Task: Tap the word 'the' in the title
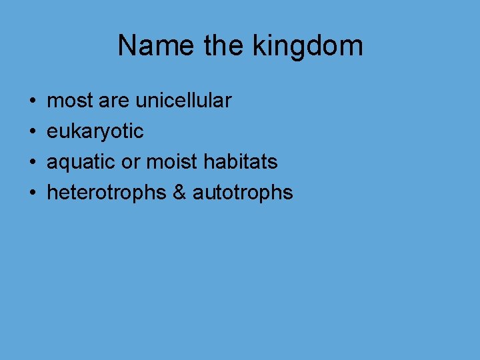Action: point(226,46)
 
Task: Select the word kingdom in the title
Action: point(308,46)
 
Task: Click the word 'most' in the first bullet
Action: point(70,101)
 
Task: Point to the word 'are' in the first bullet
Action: point(114,101)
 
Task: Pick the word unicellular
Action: point(183,101)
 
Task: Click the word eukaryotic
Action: point(95,132)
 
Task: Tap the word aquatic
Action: point(79,162)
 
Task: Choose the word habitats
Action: point(241,162)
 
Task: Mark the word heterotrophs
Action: point(106,193)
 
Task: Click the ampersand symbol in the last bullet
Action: point(179,193)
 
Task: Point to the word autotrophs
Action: point(243,193)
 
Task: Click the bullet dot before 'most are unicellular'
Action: point(33,101)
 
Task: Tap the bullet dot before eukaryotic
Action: point(33,132)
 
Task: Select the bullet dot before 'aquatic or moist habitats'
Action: point(33,162)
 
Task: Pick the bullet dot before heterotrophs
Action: point(33,193)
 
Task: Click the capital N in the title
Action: point(127,46)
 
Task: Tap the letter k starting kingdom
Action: point(259,46)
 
